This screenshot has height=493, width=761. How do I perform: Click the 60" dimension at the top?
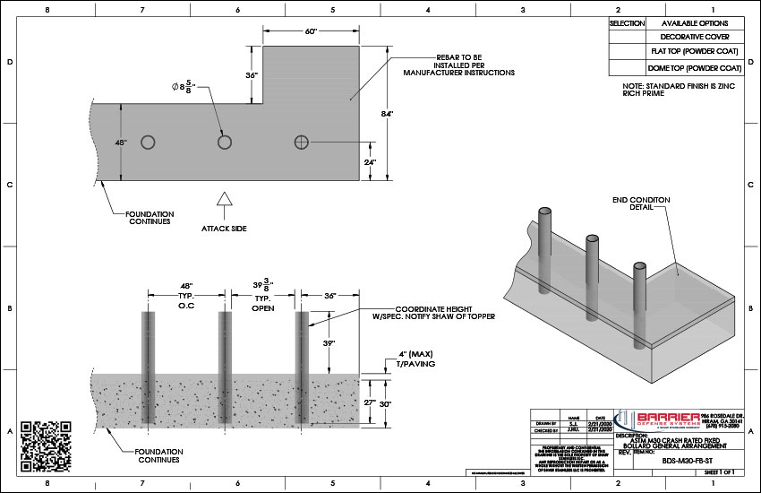point(311,31)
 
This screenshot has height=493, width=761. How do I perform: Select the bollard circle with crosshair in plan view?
point(302,143)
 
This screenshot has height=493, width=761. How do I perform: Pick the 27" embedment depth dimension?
point(366,403)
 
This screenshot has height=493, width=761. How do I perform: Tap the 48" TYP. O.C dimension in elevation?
point(186,295)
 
